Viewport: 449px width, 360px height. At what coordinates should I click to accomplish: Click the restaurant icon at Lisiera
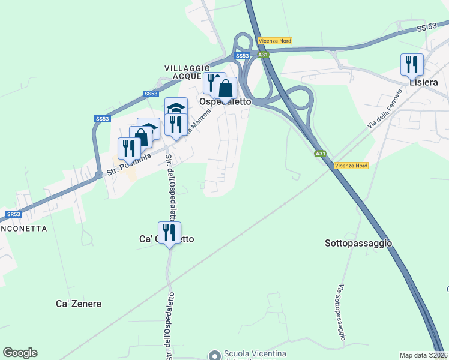[412, 64]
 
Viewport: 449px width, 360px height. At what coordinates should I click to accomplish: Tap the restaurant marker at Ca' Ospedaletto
[169, 232]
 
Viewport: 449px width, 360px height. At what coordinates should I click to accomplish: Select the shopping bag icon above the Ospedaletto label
[225, 88]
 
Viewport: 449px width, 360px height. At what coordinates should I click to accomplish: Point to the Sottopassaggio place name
[358, 243]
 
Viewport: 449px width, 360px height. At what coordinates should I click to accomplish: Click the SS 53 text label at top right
[429, 28]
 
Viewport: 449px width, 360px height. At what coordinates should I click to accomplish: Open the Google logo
[20, 352]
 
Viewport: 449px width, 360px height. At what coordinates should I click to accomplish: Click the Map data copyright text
[424, 355]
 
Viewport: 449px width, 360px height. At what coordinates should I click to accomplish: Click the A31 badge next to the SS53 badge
[263, 55]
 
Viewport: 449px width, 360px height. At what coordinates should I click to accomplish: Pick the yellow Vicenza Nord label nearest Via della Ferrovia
[351, 166]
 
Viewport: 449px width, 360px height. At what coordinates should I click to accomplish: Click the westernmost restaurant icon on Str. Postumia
[129, 148]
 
